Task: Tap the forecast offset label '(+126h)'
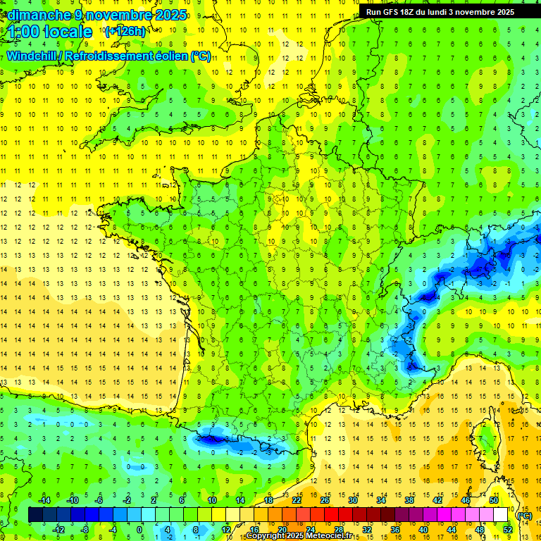(125, 31)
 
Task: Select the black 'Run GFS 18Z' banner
(440, 11)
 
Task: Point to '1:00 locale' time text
(51, 32)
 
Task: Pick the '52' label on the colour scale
(507, 530)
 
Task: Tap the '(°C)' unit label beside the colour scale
(524, 516)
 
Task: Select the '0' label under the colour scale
(139, 530)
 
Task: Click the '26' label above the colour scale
(325, 500)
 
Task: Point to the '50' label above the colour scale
(494, 500)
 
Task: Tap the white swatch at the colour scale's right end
(501, 515)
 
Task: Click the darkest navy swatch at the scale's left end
(35, 515)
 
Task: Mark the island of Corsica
(485, 440)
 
